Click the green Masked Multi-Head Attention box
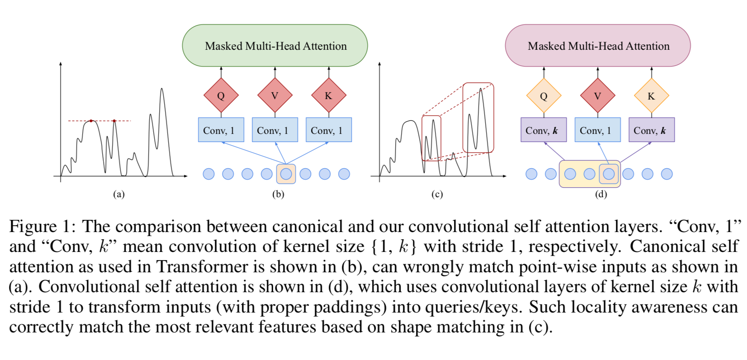click(275, 46)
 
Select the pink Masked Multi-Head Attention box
click(598, 46)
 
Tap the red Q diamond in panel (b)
click(221, 95)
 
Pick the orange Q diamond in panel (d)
click(544, 95)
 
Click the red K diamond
click(329, 95)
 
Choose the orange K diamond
click(651, 95)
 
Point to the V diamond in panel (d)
click(597, 95)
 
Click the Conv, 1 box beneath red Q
click(221, 130)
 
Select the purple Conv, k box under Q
click(544, 130)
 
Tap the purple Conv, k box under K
click(651, 130)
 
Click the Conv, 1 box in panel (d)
click(597, 130)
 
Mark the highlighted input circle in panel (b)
click(286, 174)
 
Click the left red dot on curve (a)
click(91, 121)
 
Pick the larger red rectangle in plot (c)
click(478, 118)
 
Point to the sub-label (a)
click(118, 194)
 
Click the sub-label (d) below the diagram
click(601, 194)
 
